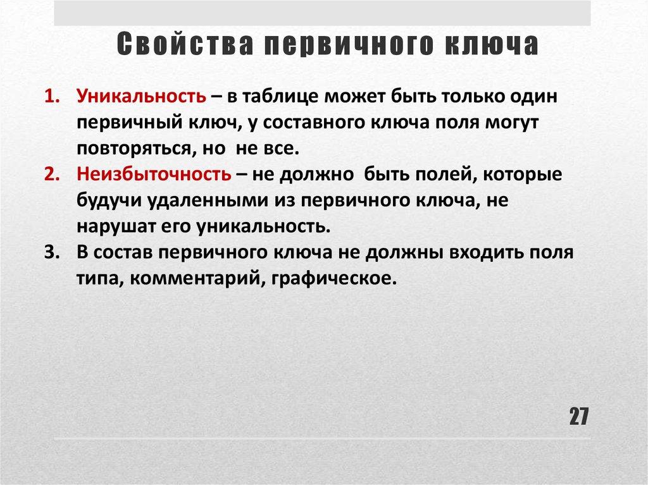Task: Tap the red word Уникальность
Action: [141, 97]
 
